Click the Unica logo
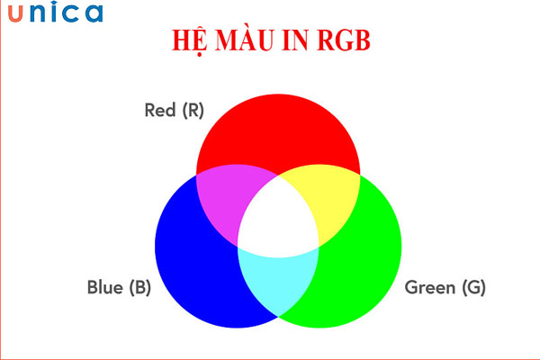(57, 13)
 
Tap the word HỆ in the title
(193, 40)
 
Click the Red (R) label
(175, 111)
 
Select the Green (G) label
(445, 288)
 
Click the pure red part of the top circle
(278, 126)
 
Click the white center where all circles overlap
(278, 220)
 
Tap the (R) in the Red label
(193, 111)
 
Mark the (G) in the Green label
(473, 288)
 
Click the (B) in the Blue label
(139, 288)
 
